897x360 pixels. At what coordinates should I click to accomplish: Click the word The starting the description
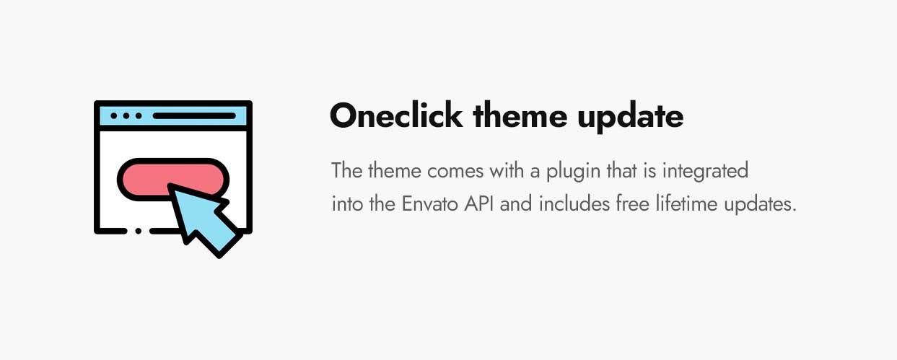[x=346, y=172]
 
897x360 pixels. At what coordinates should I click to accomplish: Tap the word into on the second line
[x=348, y=204]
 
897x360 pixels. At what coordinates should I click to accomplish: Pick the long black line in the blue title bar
[x=194, y=115]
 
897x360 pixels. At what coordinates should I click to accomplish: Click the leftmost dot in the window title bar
[x=114, y=115]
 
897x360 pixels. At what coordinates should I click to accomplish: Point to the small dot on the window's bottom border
[x=138, y=232]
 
